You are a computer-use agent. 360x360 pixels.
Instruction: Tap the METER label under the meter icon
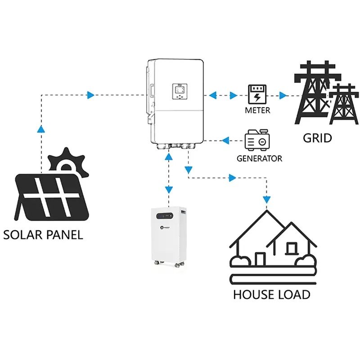point(257,110)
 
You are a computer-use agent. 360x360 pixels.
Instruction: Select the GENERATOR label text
point(260,158)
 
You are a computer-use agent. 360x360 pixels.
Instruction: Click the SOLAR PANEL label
point(43,234)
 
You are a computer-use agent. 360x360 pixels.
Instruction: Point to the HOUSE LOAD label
point(271,295)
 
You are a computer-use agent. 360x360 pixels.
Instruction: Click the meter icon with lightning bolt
point(257,95)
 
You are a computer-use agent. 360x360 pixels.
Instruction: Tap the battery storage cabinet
point(169,234)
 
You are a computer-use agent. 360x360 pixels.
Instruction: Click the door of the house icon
point(260,260)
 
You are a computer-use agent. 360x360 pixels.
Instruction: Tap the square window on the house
point(292,247)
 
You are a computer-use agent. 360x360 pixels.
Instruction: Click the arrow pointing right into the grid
point(283,95)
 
